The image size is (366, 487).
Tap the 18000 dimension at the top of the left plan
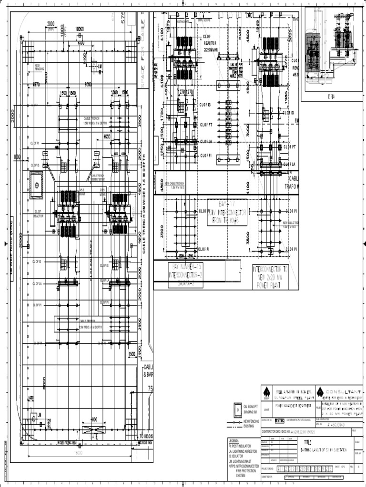(x=81, y=29)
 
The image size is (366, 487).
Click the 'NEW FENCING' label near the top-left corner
(x=40, y=68)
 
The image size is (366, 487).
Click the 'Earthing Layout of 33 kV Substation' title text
(x=323, y=450)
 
